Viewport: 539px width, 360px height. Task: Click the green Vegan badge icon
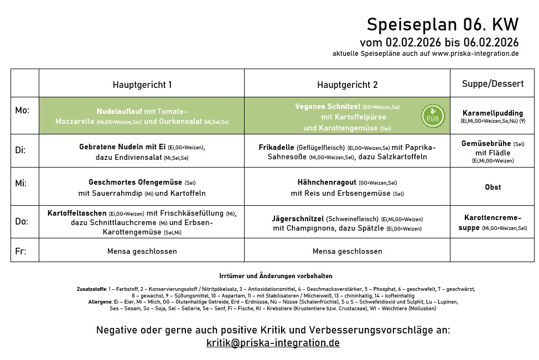(433, 116)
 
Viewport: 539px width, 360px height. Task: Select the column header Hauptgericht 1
(142, 85)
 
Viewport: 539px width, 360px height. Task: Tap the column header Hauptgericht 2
(347, 85)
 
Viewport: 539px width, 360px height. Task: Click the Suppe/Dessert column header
(493, 84)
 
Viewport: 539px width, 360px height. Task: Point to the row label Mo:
(22, 111)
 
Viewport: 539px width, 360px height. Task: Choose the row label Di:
(20, 150)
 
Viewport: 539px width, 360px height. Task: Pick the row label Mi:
(20, 183)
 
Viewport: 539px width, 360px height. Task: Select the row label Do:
(22, 221)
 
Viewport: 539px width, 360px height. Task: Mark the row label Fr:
(20, 251)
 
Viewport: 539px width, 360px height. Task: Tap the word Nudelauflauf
(119, 111)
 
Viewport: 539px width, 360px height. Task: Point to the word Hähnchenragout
(326, 182)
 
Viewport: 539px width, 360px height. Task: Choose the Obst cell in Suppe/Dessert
(493, 187)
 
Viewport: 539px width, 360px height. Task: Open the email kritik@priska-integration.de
(273, 343)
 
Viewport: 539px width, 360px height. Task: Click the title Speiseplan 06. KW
(443, 25)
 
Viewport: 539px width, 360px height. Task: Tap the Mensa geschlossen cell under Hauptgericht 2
(347, 251)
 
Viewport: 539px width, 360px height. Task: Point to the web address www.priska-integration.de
(475, 54)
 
